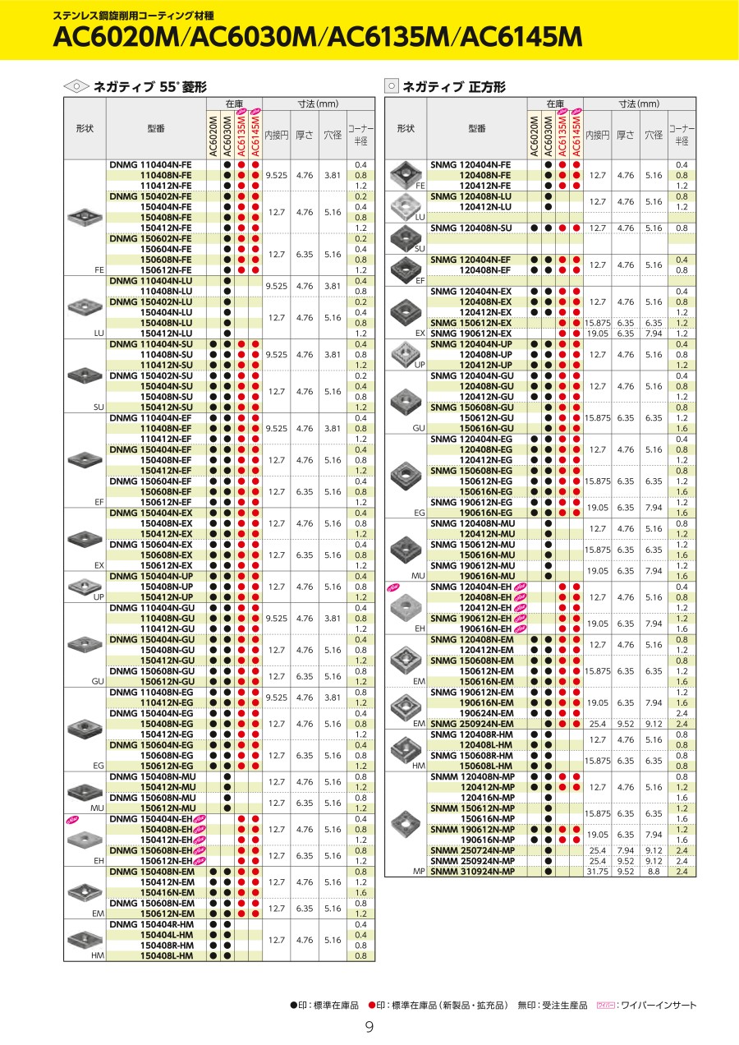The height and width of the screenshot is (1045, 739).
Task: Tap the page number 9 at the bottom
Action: [369, 1027]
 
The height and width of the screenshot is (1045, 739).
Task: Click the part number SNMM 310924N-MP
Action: [472, 872]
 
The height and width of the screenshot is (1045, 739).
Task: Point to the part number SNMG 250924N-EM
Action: [471, 724]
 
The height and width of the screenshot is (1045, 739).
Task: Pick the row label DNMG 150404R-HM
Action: [151, 924]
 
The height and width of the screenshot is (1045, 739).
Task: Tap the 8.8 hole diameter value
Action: [653, 872]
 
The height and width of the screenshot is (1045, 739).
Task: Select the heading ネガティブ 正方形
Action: [454, 85]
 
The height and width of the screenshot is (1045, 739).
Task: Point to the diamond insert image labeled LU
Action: [85, 307]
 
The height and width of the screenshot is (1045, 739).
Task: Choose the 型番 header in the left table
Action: [156, 129]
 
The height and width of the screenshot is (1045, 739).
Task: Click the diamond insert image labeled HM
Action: [85, 937]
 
